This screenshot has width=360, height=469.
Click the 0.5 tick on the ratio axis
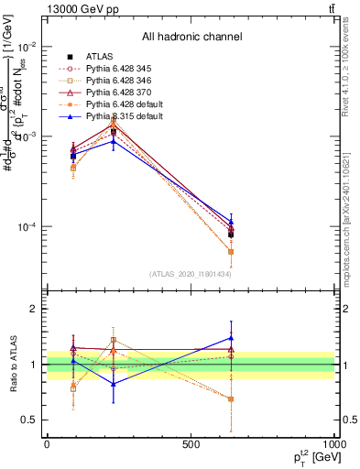point(32,420)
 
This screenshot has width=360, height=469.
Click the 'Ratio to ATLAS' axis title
point(12,365)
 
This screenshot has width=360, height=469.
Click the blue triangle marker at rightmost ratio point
point(231,338)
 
